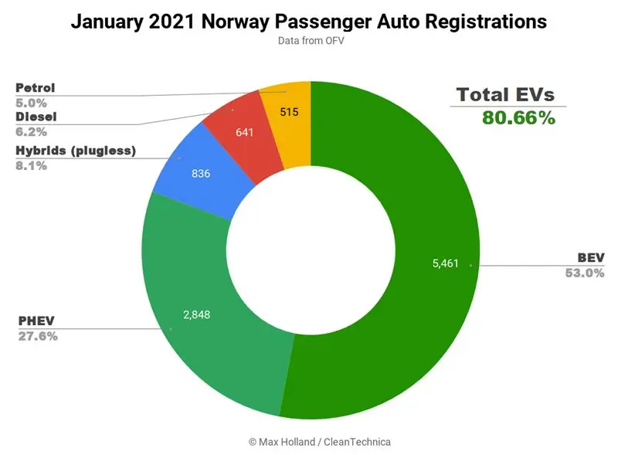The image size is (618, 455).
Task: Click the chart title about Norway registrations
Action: [x=309, y=22]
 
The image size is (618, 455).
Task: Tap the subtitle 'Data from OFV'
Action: [x=309, y=40]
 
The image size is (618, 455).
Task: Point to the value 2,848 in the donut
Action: [x=196, y=314]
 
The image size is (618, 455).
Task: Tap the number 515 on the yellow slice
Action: [x=290, y=112]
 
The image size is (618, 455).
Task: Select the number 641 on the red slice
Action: [x=245, y=131]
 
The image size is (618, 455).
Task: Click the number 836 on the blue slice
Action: [x=202, y=173]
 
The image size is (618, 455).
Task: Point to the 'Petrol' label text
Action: [x=35, y=87]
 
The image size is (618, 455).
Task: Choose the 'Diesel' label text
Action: [x=35, y=117]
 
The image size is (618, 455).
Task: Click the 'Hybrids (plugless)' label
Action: [x=76, y=151]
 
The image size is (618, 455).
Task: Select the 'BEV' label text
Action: [x=590, y=257]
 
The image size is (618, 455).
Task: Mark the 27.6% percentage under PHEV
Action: [x=37, y=336]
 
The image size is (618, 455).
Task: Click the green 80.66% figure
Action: [x=518, y=118]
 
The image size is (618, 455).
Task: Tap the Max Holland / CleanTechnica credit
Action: [x=309, y=441]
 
